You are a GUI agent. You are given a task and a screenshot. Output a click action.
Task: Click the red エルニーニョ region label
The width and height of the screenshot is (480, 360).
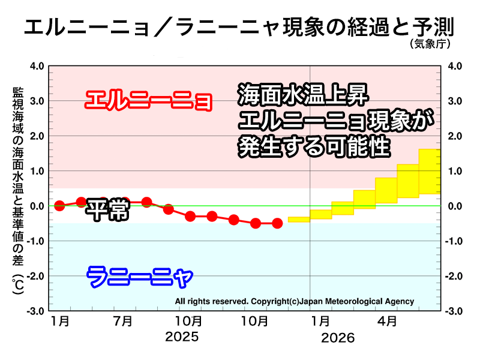148,100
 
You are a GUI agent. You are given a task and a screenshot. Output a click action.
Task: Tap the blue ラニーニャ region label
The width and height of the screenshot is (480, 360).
140,277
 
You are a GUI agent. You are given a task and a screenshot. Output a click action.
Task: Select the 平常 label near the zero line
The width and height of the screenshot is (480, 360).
107,209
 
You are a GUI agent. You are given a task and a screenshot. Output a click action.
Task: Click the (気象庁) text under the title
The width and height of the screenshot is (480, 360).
430,44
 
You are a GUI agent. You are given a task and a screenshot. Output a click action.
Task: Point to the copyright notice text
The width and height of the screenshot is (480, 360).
294,301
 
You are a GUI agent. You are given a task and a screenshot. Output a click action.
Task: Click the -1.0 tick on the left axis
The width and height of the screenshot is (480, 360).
35,241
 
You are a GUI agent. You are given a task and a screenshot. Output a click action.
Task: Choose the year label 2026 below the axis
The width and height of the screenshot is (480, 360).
338,338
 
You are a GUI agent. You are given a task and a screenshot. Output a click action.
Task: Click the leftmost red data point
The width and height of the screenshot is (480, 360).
59,206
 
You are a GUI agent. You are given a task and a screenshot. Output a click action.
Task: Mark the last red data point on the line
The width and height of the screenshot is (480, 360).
277,223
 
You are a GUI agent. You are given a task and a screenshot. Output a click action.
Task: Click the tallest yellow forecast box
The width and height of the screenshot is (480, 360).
430,172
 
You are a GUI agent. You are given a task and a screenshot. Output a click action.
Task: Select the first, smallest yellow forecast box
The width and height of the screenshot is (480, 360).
299,219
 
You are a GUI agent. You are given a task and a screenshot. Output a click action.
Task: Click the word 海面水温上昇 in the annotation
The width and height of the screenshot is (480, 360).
299,95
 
